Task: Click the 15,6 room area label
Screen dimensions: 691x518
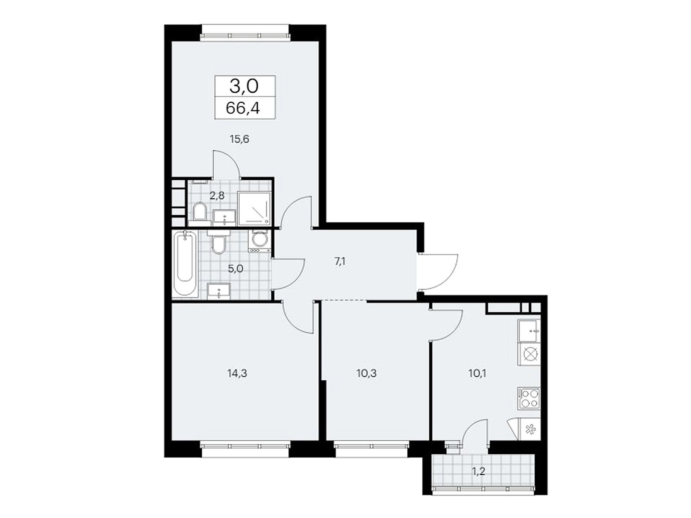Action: [240, 139]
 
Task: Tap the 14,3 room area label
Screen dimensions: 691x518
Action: [237, 373]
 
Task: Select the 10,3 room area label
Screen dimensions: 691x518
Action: [366, 373]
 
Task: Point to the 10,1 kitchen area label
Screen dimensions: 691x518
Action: [477, 373]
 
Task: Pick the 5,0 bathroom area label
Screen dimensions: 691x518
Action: [236, 269]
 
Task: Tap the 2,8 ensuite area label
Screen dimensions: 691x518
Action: [217, 196]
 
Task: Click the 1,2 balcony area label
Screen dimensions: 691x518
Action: [478, 481]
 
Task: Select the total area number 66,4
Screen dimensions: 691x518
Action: [243, 108]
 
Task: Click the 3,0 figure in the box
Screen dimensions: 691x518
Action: [244, 86]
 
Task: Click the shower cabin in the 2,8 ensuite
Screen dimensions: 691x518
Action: [254, 208]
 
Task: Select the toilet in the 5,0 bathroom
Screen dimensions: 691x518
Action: [218, 242]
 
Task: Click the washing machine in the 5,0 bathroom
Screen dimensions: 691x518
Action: [260, 241]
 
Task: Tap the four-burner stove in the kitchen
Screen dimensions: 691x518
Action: [529, 398]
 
